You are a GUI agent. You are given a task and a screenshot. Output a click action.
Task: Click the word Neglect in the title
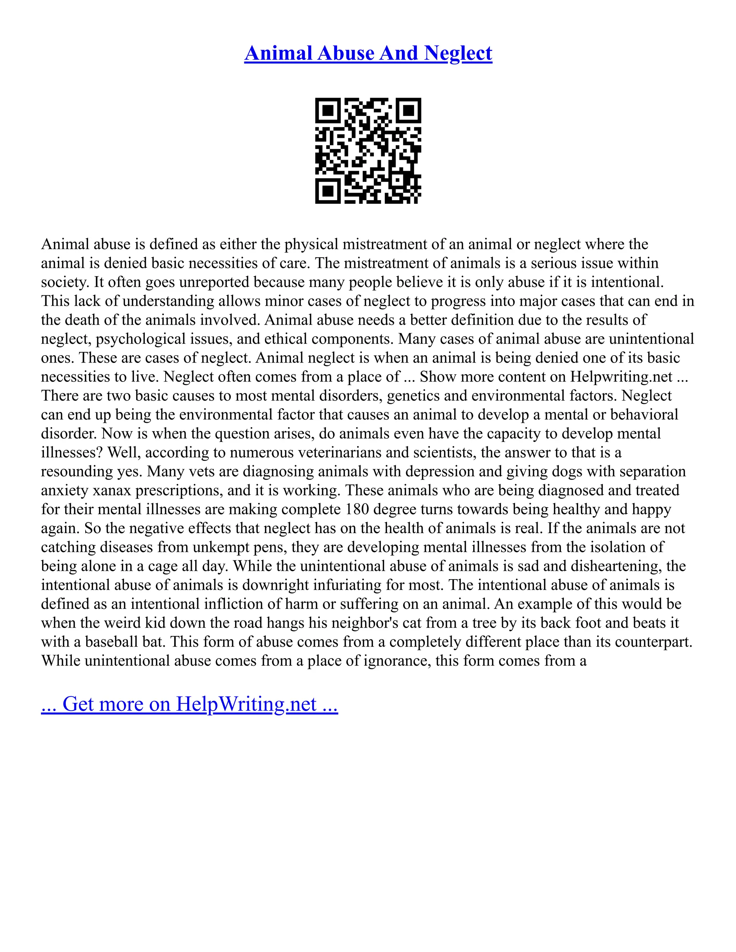(458, 54)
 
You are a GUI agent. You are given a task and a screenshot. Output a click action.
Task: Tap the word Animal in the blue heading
(278, 54)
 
